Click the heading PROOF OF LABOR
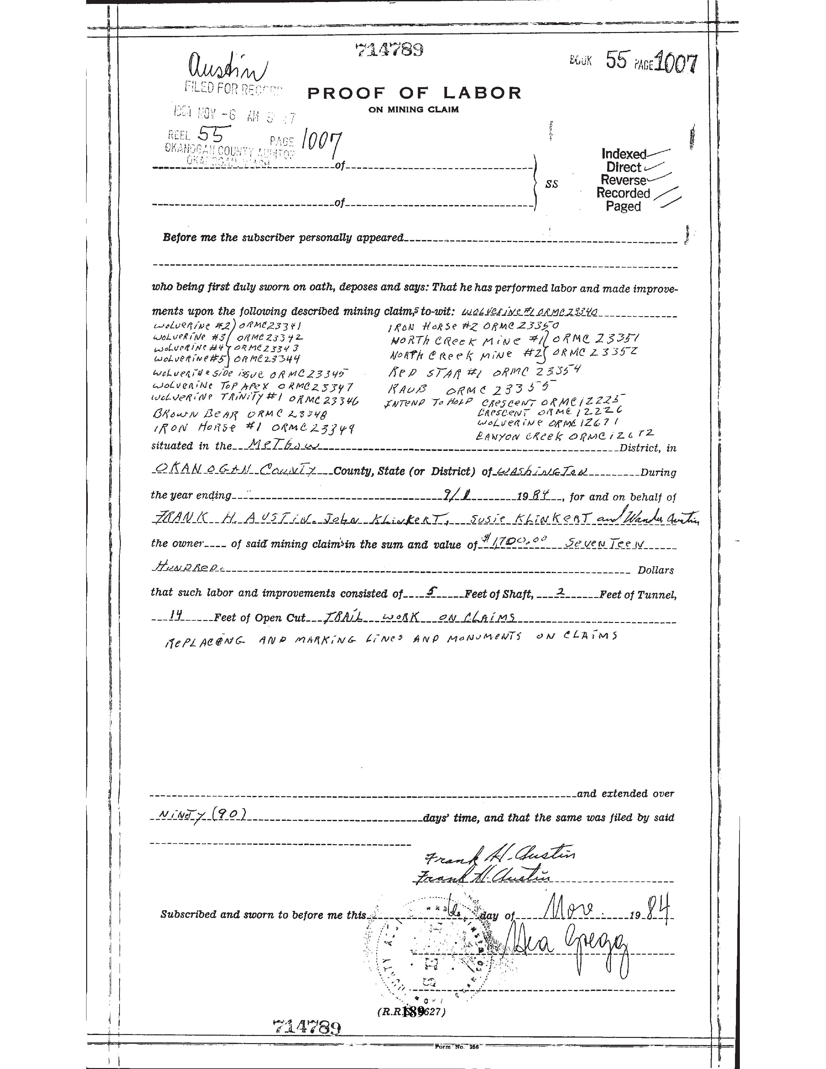click(x=414, y=93)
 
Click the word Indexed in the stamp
click(x=624, y=154)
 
